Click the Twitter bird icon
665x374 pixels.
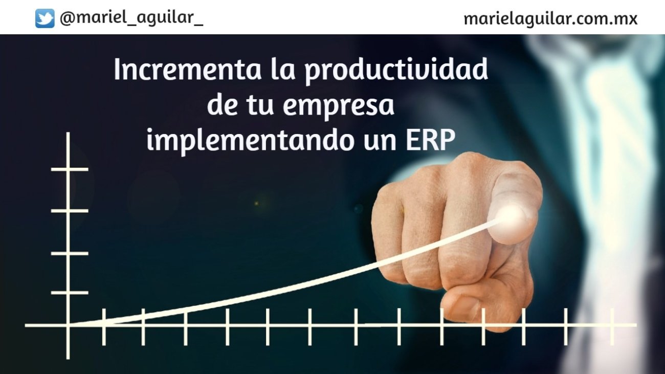(45, 19)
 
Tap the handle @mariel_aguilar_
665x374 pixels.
(131, 19)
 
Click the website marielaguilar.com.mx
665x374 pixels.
(550, 19)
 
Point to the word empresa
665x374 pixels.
(338, 105)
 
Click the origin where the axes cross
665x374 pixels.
(68, 325)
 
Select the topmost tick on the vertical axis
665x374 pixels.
(69, 169)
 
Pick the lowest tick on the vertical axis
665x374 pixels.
(69, 293)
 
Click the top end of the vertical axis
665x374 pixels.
(68, 135)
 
